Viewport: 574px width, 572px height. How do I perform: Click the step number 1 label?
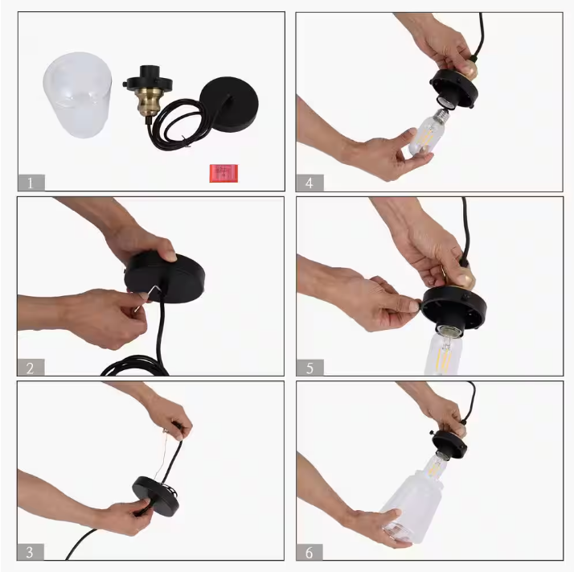[x=31, y=183]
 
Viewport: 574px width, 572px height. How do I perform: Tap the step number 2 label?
[x=31, y=368]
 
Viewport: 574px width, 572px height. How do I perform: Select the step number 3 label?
[x=31, y=552]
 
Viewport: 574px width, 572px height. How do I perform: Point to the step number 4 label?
[x=310, y=183]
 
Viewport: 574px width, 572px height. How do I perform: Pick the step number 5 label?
[x=310, y=368]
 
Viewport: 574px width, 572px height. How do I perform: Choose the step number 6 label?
[x=310, y=552]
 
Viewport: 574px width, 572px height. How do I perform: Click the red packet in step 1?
[x=223, y=173]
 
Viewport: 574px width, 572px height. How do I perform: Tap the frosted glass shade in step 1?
[x=78, y=95]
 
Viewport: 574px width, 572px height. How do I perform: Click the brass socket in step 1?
[x=148, y=99]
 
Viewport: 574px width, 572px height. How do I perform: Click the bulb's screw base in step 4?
[x=441, y=115]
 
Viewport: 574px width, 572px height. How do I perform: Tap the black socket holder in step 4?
[x=453, y=88]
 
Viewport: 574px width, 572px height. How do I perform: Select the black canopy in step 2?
[x=165, y=277]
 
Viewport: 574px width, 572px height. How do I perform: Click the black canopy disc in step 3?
[x=156, y=496]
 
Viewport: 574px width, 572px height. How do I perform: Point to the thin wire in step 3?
[x=160, y=455]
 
